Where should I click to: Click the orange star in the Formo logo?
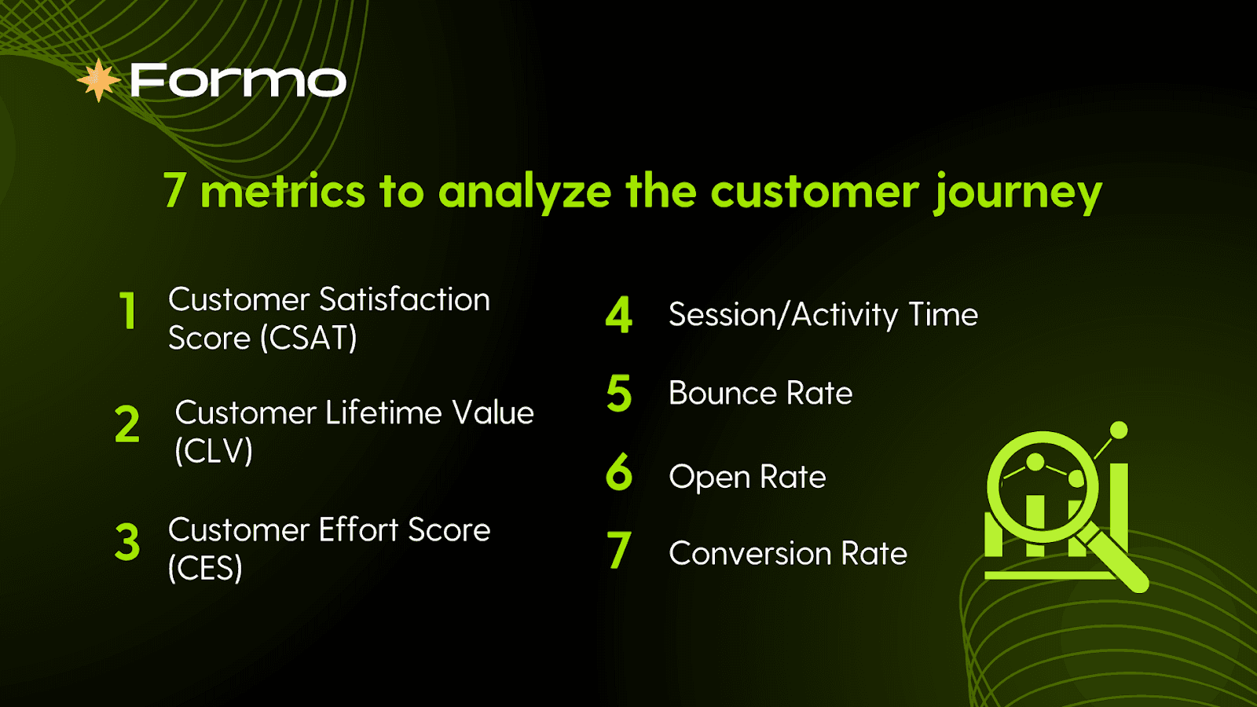(x=99, y=80)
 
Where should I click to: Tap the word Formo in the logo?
(x=239, y=80)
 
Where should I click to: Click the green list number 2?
(x=126, y=424)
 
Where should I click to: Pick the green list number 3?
(x=127, y=542)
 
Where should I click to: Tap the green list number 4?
(x=619, y=315)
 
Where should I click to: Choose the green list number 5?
(x=619, y=393)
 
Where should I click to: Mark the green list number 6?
(x=619, y=471)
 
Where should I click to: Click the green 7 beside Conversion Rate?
(x=619, y=550)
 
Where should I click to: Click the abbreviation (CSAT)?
(x=310, y=339)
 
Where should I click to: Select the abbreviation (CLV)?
(x=214, y=451)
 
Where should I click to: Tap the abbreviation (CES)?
(x=205, y=568)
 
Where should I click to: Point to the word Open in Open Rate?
(x=709, y=478)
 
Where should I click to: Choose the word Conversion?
(x=749, y=553)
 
